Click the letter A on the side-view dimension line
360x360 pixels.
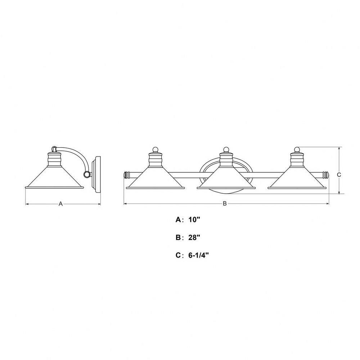tap(60, 204)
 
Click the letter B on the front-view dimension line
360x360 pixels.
tap(225, 203)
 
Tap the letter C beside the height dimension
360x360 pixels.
tap(339, 175)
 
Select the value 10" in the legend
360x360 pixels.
tap(194, 220)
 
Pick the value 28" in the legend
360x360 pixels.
tap(194, 237)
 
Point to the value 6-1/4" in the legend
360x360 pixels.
tap(199, 255)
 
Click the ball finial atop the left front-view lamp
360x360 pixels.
tap(156, 149)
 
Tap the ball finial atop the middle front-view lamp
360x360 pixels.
tap(226, 149)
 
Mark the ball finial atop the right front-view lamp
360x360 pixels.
tap(297, 149)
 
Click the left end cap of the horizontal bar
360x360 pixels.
tap(126, 175)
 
